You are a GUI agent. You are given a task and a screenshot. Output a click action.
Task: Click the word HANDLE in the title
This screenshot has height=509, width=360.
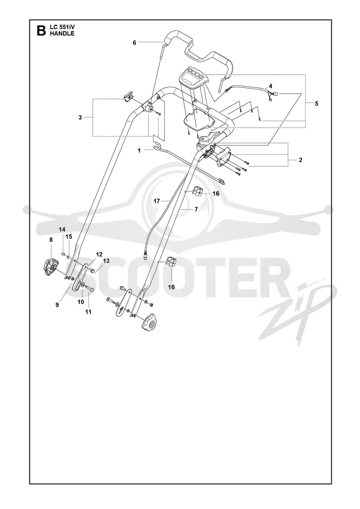(x=62, y=33)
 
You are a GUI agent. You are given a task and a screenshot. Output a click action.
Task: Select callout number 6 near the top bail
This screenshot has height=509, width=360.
(x=135, y=42)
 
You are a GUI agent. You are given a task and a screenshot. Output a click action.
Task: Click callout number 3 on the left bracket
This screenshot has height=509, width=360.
(x=80, y=117)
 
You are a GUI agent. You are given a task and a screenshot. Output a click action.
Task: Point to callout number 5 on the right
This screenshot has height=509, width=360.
(x=316, y=103)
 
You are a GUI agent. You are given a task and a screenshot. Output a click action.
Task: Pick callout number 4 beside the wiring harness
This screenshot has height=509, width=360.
(x=270, y=86)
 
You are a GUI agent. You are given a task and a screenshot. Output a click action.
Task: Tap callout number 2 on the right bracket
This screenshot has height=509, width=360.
(x=301, y=160)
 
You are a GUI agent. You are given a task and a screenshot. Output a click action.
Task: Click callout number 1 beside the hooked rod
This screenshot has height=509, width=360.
(x=139, y=150)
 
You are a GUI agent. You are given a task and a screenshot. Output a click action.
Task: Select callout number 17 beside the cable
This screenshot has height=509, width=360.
(x=157, y=201)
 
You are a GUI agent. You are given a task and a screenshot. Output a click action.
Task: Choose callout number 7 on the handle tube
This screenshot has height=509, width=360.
(x=196, y=210)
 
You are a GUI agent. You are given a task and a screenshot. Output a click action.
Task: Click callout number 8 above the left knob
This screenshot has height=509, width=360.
(x=51, y=240)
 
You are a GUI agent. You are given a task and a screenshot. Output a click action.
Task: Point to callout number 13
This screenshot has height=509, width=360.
(x=106, y=261)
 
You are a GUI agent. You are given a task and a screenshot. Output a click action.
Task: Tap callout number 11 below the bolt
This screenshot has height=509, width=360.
(x=88, y=312)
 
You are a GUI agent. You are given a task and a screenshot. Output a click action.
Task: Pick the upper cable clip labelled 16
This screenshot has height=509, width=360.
(x=198, y=192)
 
